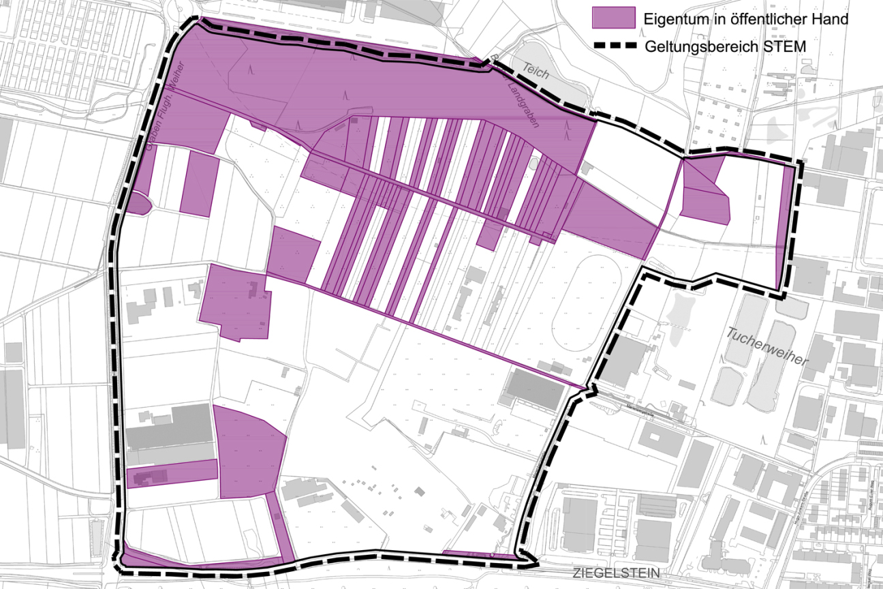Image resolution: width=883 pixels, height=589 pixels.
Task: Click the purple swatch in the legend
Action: pos(613,18)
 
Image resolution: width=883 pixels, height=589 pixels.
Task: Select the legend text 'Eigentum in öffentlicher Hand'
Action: pos(746,19)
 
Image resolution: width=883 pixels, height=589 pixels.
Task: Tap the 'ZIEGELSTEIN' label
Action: pos(617,573)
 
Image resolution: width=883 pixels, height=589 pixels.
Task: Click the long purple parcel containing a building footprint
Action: pos(172,474)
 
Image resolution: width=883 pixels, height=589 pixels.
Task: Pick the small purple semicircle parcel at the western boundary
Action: pos(136,204)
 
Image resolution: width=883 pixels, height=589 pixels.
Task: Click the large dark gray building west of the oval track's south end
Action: pos(534,389)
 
